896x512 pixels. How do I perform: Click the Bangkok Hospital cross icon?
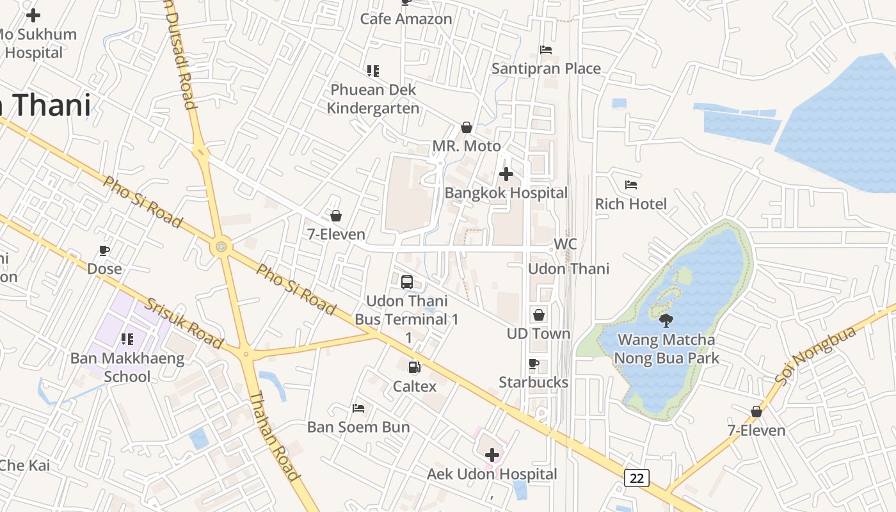point(506,174)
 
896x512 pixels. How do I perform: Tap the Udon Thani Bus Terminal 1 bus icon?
point(406,282)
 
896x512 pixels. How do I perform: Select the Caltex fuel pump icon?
point(415,367)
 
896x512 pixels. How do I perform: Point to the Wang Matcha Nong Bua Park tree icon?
point(666,320)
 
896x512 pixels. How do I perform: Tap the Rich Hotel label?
point(631,204)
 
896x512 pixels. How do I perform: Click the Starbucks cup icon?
point(534,364)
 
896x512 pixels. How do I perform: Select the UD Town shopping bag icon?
point(539,315)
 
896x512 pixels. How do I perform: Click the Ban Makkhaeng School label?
point(127,367)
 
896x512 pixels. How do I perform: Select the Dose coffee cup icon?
point(104,250)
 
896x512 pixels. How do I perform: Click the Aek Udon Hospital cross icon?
point(492,455)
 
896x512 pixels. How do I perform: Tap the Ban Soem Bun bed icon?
point(358,408)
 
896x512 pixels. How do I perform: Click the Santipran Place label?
point(546,68)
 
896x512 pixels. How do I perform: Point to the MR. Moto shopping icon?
point(467,127)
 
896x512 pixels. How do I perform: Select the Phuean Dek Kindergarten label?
point(373,99)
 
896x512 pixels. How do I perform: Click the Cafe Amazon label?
point(406,19)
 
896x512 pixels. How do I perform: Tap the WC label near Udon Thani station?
point(565,244)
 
